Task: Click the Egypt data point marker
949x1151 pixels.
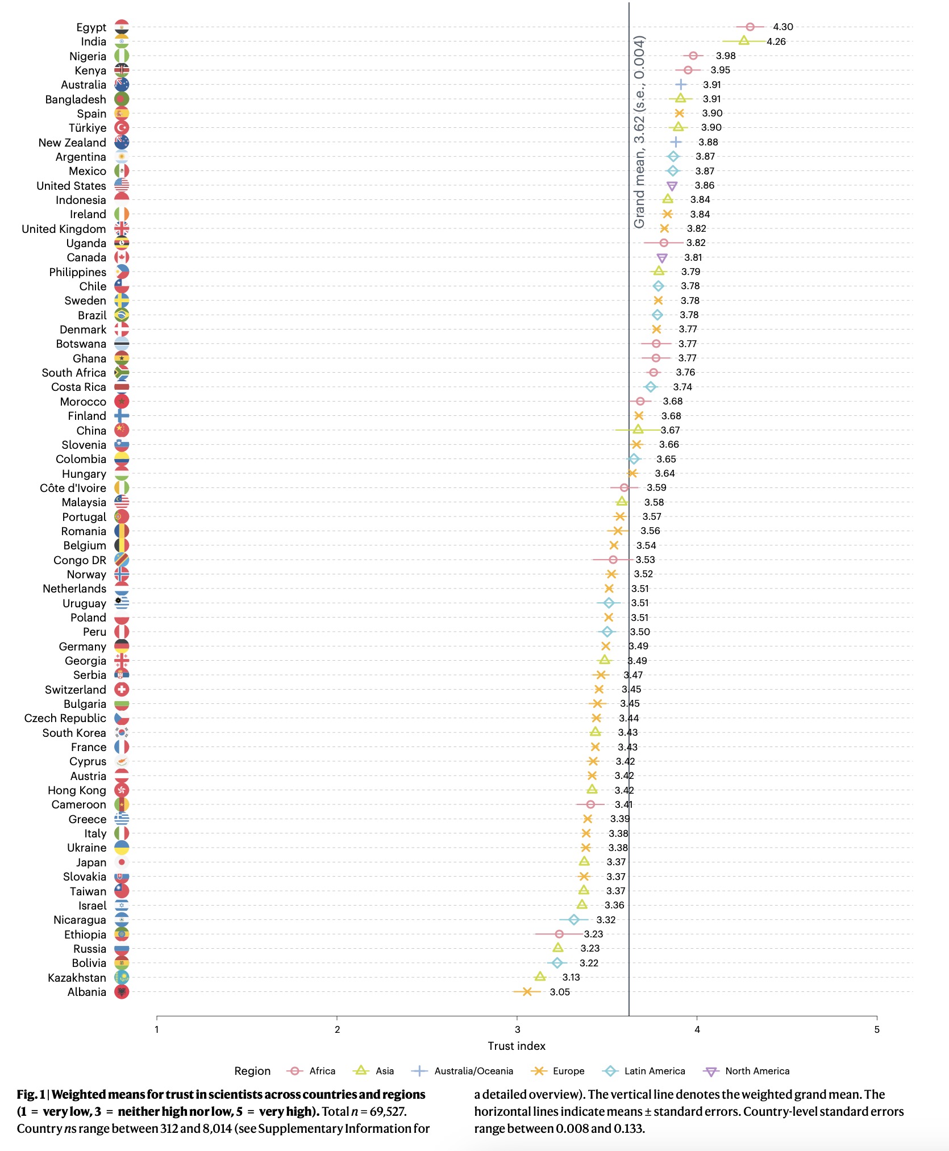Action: click(750, 27)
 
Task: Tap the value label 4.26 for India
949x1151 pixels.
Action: click(776, 41)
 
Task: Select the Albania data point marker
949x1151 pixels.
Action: click(527, 992)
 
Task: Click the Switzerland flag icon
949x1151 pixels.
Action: click(122, 690)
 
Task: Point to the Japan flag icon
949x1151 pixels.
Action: click(122, 862)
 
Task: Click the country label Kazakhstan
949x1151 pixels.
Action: click(77, 978)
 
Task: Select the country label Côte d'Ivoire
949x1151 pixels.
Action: click(73, 488)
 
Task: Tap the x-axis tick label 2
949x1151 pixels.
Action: click(337, 1029)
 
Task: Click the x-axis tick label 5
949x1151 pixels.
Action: click(877, 1029)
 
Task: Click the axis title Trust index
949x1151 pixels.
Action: click(516, 1046)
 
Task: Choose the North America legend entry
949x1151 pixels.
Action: click(747, 1071)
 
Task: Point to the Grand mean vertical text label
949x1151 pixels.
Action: click(639, 132)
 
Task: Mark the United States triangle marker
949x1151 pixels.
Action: click(672, 186)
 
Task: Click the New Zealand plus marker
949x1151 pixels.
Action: click(675, 142)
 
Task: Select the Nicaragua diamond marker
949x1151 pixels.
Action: click(574, 920)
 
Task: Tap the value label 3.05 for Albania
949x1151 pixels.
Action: click(560, 992)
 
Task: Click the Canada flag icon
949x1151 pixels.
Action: click(122, 257)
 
